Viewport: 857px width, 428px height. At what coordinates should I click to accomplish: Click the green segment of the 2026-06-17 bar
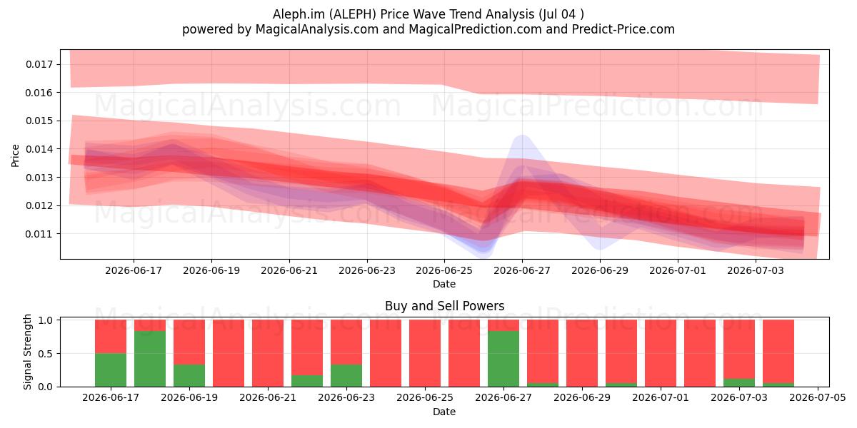click(x=111, y=370)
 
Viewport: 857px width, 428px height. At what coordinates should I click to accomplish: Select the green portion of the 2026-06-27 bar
click(x=503, y=359)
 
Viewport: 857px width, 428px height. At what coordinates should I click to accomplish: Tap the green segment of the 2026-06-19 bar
click(x=189, y=376)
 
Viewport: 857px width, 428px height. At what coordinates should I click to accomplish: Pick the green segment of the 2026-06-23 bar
click(x=346, y=376)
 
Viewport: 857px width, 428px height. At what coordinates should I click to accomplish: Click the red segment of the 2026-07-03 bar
click(x=739, y=350)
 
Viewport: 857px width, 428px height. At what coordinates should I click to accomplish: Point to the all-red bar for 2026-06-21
click(x=268, y=353)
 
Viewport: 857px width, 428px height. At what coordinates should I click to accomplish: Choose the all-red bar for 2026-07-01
click(x=661, y=353)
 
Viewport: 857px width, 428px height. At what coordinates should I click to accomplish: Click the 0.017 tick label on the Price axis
click(x=39, y=64)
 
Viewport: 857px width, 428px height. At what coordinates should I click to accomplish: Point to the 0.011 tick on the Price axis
click(x=39, y=234)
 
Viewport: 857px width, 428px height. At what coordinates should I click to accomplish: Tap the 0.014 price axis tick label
click(x=39, y=149)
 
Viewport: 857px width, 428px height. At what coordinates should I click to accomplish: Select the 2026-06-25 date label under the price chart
click(x=444, y=270)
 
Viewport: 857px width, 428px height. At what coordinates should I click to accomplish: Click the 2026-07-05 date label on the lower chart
click(x=818, y=398)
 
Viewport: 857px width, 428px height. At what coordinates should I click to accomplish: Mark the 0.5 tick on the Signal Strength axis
click(x=46, y=354)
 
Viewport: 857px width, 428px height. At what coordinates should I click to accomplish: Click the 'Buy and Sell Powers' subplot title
click(x=444, y=306)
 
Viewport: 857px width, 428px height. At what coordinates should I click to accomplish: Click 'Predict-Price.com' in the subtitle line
click(x=623, y=29)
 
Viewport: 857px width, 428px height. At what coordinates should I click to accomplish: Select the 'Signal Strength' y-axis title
click(x=27, y=352)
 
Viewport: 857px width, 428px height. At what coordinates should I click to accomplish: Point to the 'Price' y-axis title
click(x=15, y=156)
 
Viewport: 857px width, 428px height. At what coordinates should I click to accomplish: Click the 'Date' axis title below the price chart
click(x=444, y=285)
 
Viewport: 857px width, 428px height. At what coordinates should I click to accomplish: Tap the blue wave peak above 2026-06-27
click(x=522, y=136)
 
